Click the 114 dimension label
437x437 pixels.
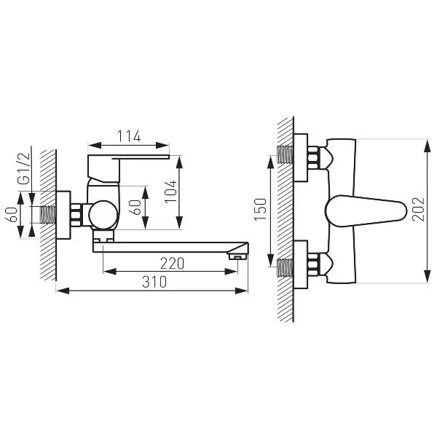(x=129, y=136)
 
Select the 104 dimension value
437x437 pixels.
(x=171, y=192)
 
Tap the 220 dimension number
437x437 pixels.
(x=172, y=264)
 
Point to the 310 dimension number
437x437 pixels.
(x=154, y=282)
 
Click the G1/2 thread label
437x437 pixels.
(x=23, y=169)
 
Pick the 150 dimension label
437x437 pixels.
(x=260, y=209)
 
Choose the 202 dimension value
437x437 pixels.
(x=418, y=209)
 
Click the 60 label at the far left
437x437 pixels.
(x=12, y=215)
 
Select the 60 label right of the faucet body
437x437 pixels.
(x=136, y=208)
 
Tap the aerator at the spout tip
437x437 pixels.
(x=237, y=256)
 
